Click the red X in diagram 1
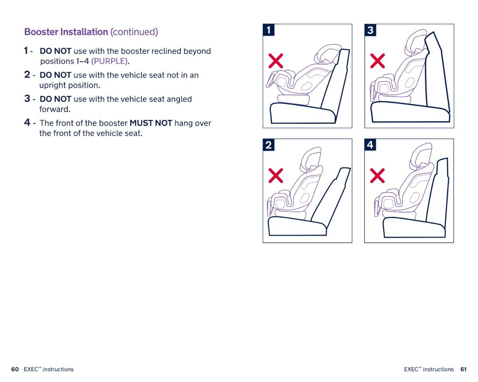[276, 61]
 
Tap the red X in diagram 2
[276, 175]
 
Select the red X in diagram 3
[378, 61]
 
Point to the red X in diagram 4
[378, 175]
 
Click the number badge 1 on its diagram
[269, 30]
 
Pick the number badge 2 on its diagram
[269, 145]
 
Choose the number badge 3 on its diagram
[370, 30]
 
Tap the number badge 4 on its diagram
[370, 145]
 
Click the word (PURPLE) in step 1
[110, 61]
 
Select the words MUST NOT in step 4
[151, 123]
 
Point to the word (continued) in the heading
[134, 32]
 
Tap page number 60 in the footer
[15, 369]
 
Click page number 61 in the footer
[463, 369]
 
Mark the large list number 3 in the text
[27, 98]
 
